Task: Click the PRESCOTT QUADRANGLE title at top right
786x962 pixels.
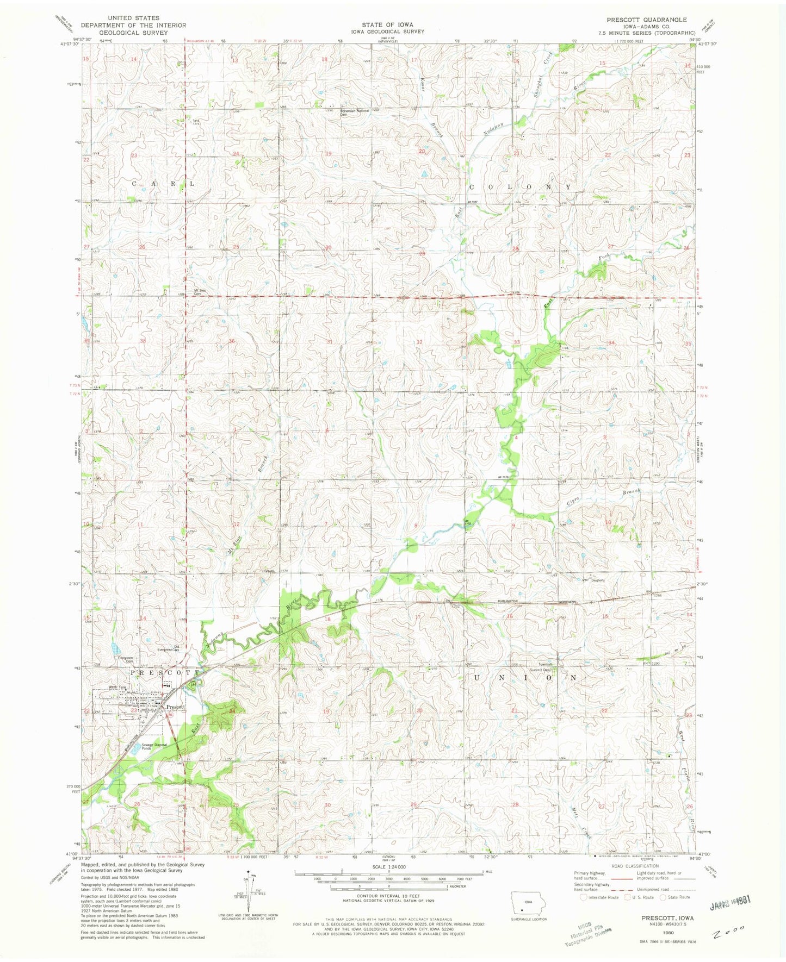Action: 646,19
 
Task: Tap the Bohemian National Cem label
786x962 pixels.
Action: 355,113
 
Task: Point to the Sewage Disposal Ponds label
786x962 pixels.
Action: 153,747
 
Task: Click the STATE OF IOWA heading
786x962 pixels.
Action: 388,25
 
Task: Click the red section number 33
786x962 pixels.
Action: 516,342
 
